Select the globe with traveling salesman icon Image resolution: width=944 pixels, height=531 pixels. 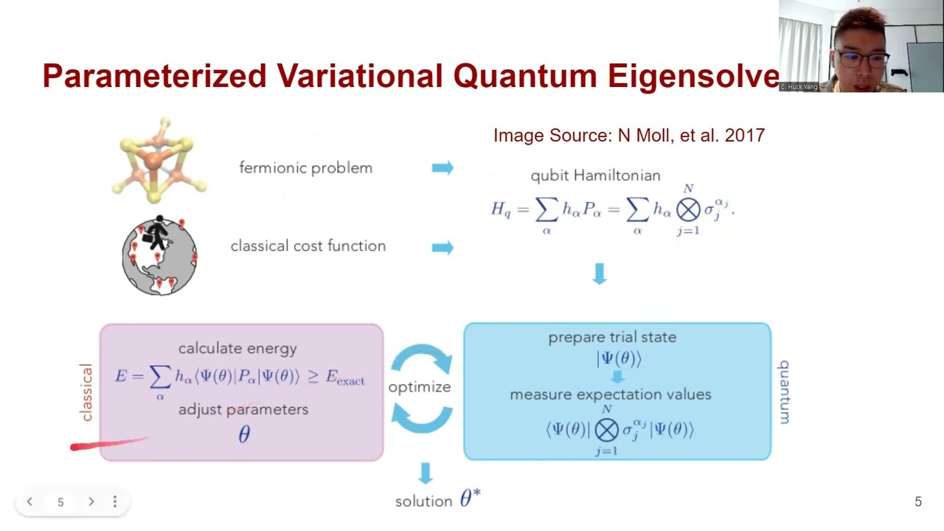159,255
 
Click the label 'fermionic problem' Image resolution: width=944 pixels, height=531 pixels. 305,168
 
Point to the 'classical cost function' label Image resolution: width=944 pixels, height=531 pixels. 308,246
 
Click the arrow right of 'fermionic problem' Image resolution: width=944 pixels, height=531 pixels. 442,168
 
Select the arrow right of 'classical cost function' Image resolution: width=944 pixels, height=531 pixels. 442,247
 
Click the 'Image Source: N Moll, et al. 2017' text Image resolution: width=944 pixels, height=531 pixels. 628,136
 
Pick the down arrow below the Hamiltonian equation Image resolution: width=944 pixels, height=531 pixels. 600,274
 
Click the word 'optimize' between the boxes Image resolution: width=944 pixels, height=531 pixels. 419,387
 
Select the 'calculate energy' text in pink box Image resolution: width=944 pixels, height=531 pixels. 237,349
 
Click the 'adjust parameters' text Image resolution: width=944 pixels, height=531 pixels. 243,409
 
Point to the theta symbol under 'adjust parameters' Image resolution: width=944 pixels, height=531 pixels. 244,434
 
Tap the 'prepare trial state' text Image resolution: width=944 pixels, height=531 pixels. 611,337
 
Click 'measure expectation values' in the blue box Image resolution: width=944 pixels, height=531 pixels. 610,395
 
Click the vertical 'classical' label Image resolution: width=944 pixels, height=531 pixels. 86,392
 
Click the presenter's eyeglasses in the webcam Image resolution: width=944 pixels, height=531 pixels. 863,58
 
